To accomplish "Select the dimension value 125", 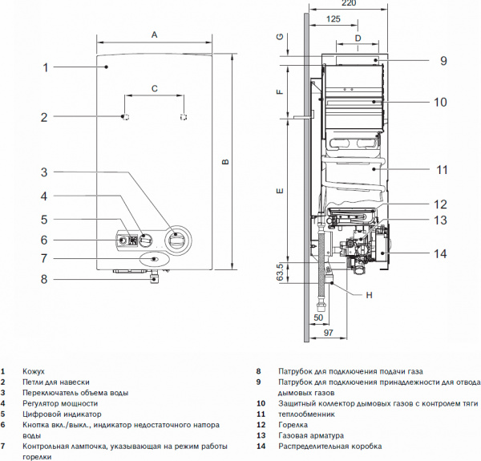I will [334, 18].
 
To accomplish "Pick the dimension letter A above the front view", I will [155, 34].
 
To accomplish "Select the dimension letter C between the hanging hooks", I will [154, 90].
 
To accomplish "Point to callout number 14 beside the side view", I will [439, 254].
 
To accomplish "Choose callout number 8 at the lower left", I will [45, 279].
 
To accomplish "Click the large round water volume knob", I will [178, 239].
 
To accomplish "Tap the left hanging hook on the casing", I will [125, 117].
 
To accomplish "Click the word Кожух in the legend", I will [34, 372].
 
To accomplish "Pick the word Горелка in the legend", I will [293, 424].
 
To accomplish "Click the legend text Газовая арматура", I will [309, 435].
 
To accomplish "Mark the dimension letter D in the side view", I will [358, 38].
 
